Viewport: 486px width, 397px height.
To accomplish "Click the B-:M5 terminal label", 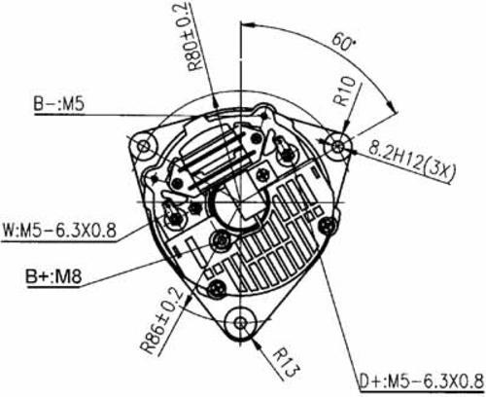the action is point(58,104).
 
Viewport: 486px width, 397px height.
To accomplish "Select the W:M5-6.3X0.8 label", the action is point(59,231).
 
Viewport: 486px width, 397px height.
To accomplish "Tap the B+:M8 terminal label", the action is point(53,276).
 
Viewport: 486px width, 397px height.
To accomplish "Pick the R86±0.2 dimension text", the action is point(162,320).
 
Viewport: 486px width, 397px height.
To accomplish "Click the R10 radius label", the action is point(345,91).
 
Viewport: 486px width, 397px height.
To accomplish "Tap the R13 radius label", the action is point(285,363).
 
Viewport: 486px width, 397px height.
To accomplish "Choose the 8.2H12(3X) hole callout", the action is point(411,162).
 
